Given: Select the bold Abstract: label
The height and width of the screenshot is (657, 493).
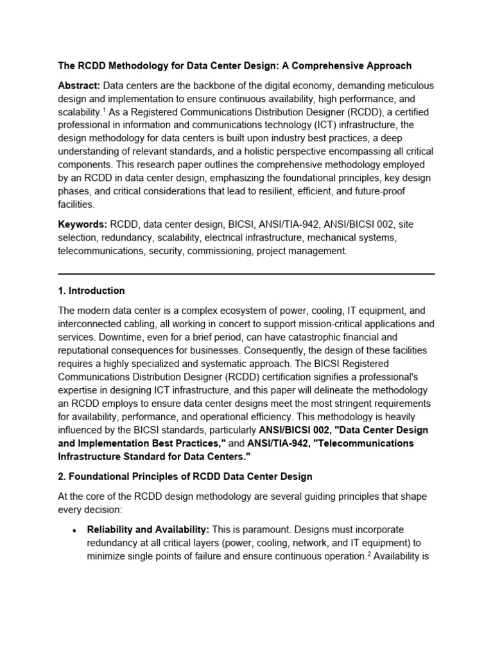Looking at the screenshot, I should [x=79, y=85].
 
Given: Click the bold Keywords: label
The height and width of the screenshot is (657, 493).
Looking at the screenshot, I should [x=82, y=225].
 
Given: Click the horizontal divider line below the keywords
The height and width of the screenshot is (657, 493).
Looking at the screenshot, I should [x=246, y=274].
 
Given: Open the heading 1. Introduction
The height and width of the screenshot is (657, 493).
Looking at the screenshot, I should [x=91, y=291].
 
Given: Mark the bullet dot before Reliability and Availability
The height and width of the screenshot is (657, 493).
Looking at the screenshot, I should [x=75, y=530].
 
